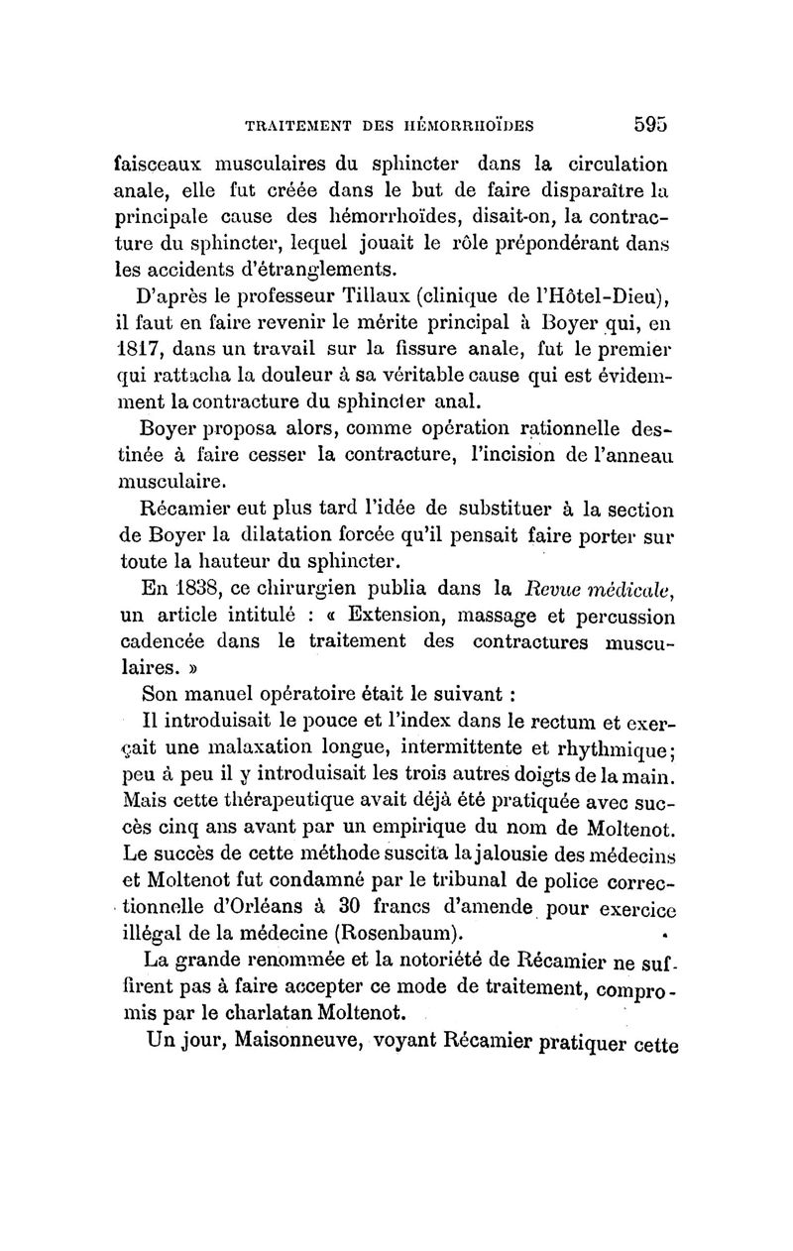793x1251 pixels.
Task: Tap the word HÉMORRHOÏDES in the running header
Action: point(467,126)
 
